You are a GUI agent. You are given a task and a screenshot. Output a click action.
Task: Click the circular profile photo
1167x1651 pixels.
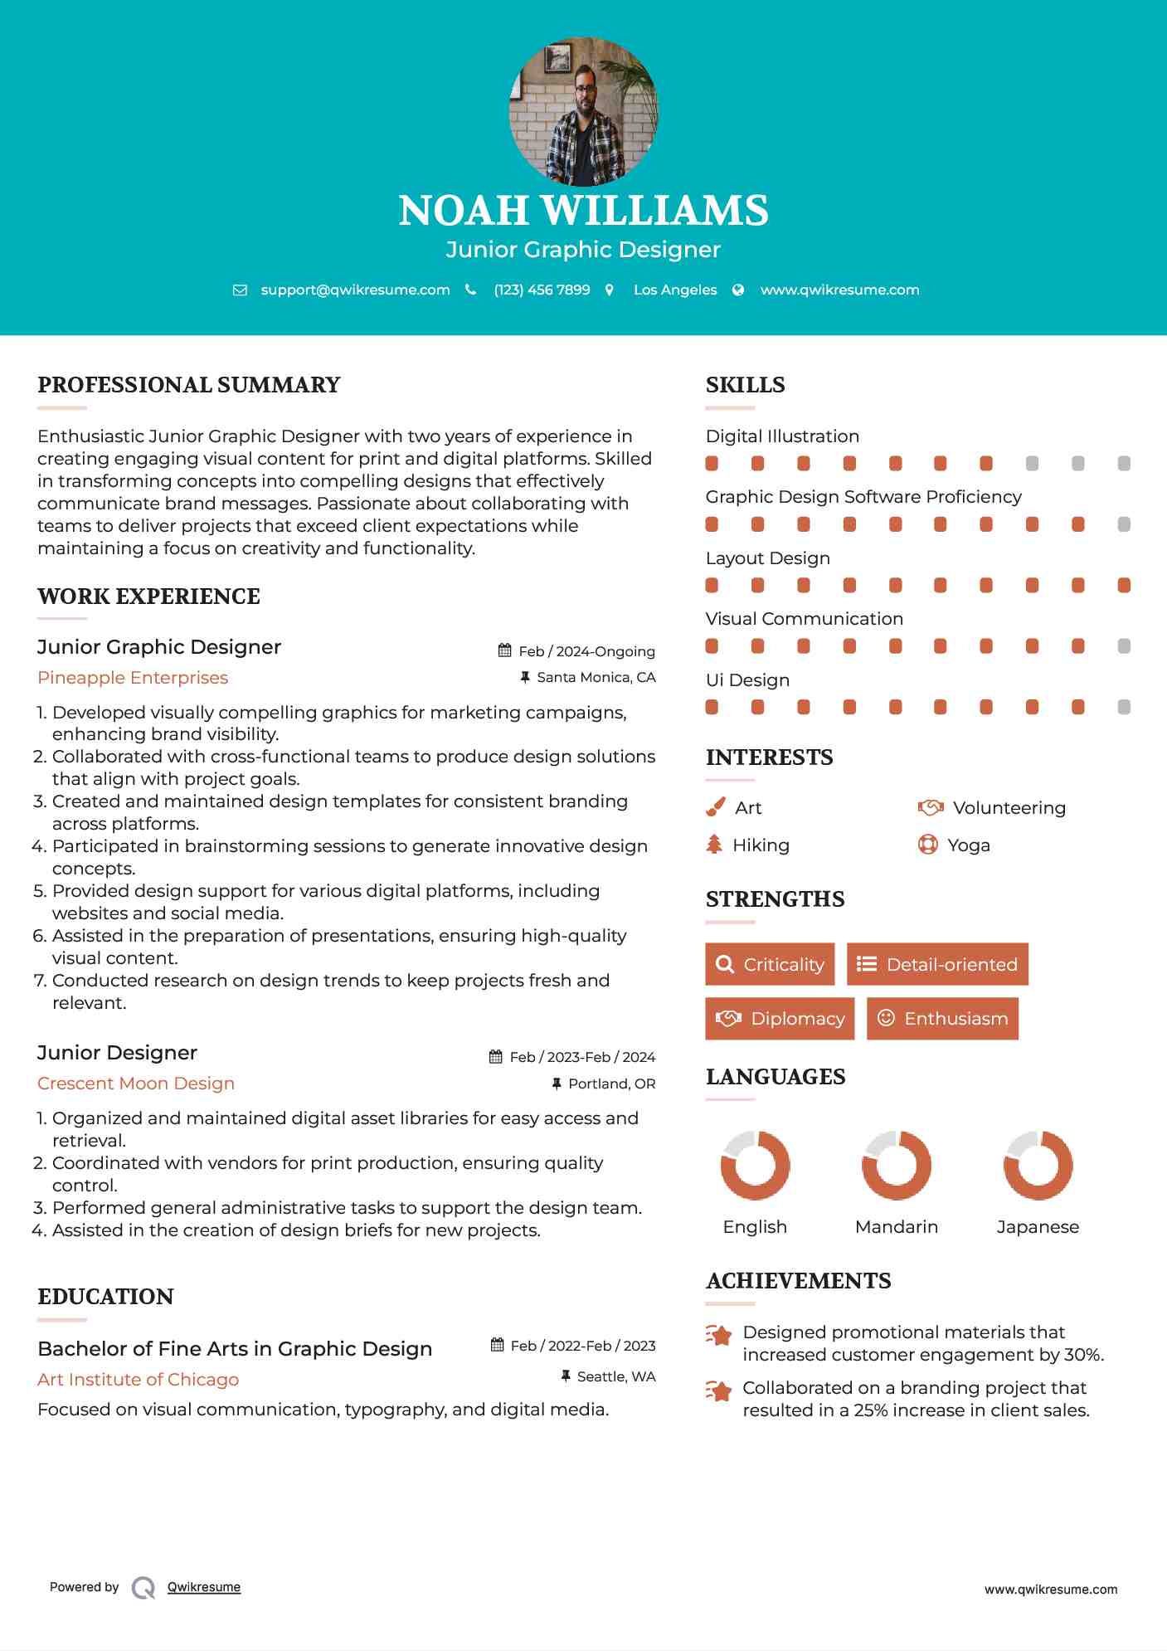click(583, 111)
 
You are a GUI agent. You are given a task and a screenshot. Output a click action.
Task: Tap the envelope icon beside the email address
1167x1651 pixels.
click(240, 290)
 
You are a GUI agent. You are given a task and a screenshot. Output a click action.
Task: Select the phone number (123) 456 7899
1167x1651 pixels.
click(542, 290)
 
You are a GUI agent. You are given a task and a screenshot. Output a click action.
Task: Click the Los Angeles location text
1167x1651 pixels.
click(674, 290)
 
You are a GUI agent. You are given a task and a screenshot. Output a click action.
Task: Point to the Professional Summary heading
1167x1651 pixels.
click(189, 385)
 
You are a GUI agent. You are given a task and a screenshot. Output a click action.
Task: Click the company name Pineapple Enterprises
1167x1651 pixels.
click(133, 678)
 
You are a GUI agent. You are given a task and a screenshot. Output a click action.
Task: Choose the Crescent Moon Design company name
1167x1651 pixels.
click(136, 1084)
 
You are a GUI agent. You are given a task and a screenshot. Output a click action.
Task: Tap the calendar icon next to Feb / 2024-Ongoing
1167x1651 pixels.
click(504, 651)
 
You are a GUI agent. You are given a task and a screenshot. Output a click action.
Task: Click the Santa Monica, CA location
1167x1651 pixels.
click(596, 678)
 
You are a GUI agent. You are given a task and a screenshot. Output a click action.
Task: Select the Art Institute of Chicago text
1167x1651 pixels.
click(138, 1380)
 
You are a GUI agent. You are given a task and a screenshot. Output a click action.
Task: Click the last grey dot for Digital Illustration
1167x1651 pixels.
click(1124, 464)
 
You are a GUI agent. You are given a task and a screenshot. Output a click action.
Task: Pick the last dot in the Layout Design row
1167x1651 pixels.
click(1124, 586)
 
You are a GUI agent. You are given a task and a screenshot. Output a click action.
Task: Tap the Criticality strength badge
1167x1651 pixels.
click(770, 965)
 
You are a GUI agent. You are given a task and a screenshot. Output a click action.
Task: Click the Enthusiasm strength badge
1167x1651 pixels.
click(942, 1019)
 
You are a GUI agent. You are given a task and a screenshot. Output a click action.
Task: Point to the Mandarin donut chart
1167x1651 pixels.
click(897, 1166)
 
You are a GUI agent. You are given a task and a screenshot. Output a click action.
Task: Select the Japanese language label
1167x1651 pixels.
click(1038, 1227)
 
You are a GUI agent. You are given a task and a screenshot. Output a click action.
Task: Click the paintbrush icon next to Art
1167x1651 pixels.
click(715, 808)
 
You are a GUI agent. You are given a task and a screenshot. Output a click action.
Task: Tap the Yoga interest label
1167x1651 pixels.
click(969, 845)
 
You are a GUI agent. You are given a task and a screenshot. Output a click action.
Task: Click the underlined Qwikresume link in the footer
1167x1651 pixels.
click(204, 1587)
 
